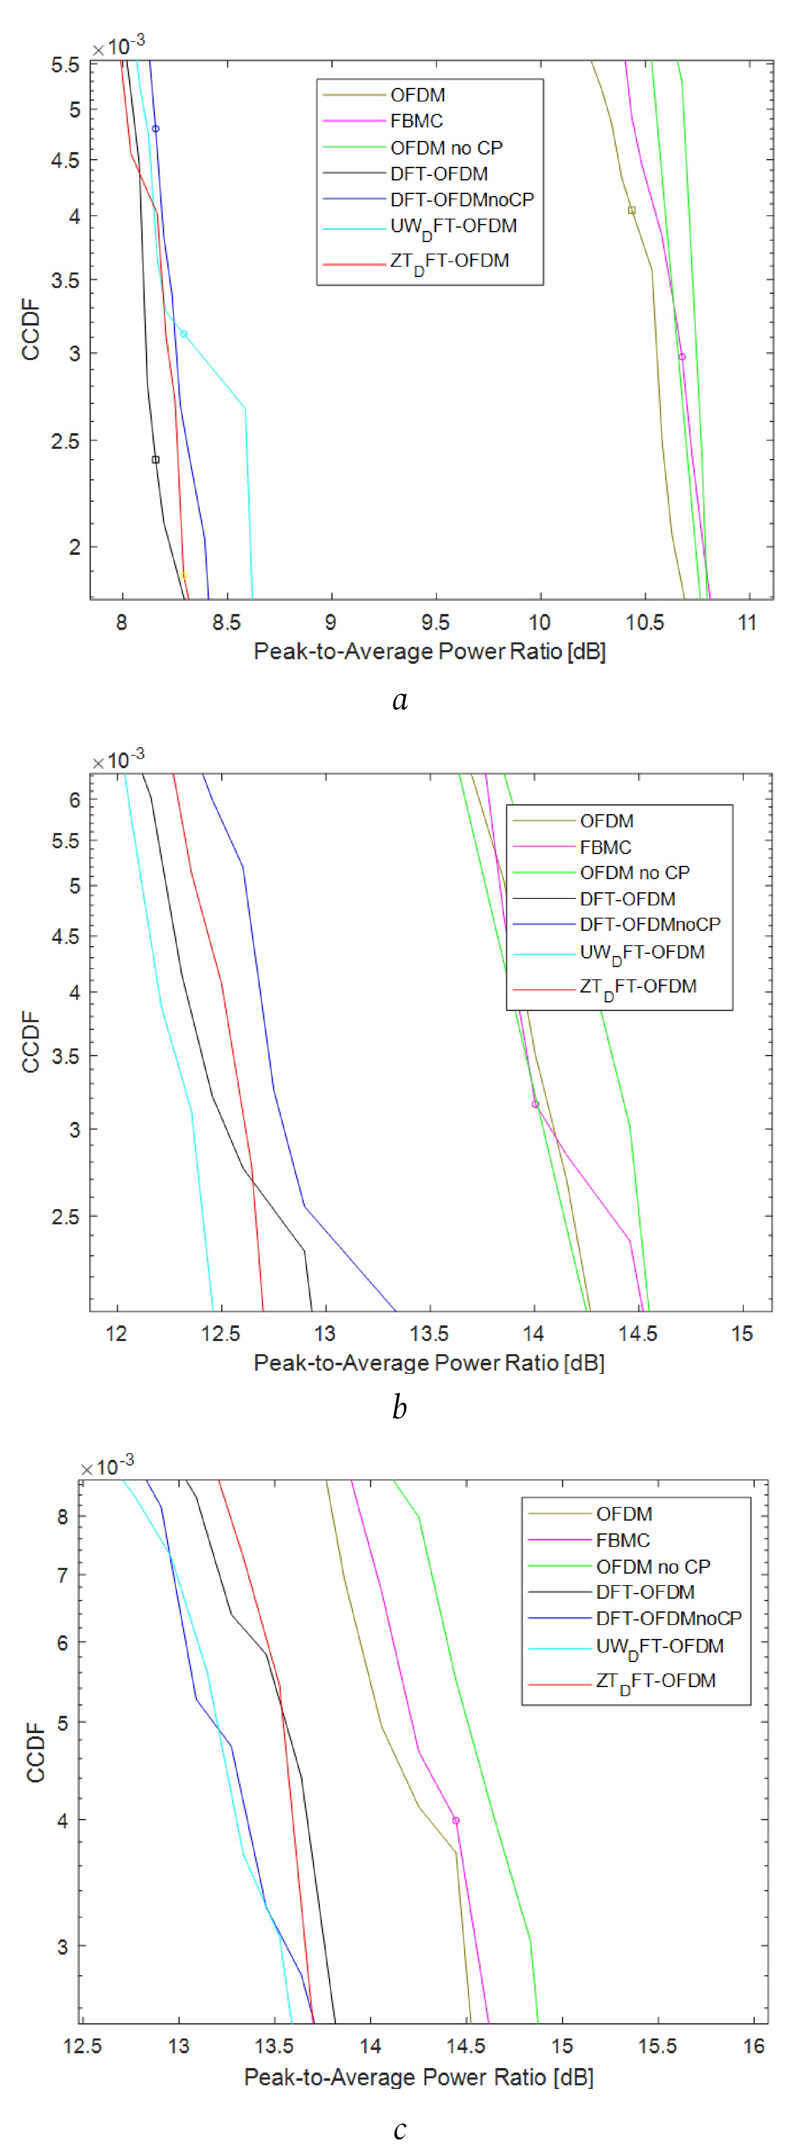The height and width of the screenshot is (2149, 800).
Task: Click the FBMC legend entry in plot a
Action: pyautogui.click(x=416, y=121)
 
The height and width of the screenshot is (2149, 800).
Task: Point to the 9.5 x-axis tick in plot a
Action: pyautogui.click(x=435, y=622)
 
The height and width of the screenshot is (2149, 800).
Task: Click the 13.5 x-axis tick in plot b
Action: pyautogui.click(x=429, y=1334)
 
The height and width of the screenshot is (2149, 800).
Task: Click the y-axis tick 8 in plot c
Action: pyautogui.click(x=62, y=1517)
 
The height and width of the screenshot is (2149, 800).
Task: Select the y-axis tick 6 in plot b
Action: pyautogui.click(x=74, y=800)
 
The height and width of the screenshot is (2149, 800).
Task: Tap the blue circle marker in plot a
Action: pyautogui.click(x=155, y=129)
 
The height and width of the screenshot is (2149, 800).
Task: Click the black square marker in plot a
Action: pyautogui.click(x=155, y=459)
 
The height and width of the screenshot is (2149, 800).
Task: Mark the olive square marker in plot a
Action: pyautogui.click(x=631, y=210)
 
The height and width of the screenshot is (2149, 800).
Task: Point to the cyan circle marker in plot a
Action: pyautogui.click(x=183, y=334)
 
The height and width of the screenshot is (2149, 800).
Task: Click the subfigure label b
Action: pyautogui.click(x=400, y=1407)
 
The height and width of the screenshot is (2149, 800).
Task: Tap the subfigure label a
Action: pyautogui.click(x=400, y=699)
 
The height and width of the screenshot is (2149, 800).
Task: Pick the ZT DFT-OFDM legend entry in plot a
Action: pyautogui.click(x=449, y=261)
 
